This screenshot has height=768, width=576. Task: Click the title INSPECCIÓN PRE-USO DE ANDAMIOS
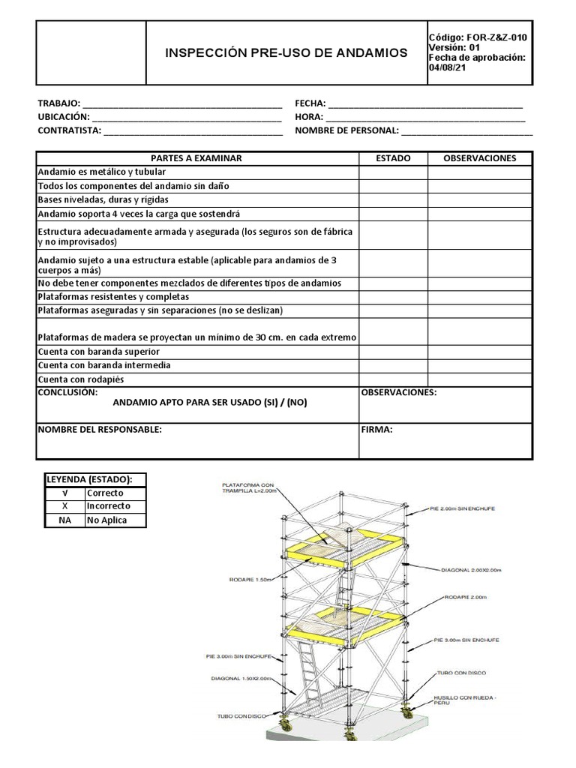(286, 52)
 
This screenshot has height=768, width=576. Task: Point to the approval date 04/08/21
(446, 67)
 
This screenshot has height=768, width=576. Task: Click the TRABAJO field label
(58, 103)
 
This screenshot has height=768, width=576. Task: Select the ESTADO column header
(393, 158)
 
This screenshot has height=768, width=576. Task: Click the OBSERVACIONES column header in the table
(480, 158)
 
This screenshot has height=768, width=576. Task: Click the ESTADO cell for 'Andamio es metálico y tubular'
(393, 172)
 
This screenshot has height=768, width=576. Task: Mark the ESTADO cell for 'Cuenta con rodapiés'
(393, 379)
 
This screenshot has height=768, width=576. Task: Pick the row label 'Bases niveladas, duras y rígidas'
(103, 200)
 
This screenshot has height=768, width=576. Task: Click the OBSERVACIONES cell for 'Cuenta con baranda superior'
(480, 352)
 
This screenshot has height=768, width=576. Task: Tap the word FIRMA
(376, 430)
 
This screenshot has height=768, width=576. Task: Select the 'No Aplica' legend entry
(106, 520)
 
